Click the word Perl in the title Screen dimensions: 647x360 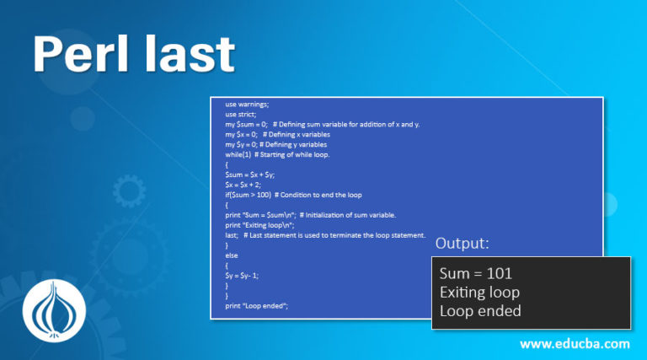click(x=81, y=54)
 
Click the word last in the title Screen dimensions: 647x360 click(x=190, y=54)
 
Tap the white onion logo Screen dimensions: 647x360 click(x=54, y=311)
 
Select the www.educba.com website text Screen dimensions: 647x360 click(x=575, y=344)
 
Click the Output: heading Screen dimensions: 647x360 click(x=463, y=243)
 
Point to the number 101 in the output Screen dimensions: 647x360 click(x=500, y=274)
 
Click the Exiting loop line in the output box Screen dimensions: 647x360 click(x=479, y=293)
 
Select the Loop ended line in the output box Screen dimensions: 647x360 click(x=480, y=311)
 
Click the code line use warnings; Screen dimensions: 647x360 click(x=247, y=105)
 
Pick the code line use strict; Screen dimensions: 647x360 click(x=241, y=115)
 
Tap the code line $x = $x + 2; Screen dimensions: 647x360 click(x=243, y=185)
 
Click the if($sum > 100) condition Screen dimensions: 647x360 click(x=248, y=195)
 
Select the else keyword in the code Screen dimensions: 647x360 click(x=232, y=255)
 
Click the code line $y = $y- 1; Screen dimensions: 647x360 click(x=242, y=276)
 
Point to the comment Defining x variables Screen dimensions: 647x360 click(x=297, y=135)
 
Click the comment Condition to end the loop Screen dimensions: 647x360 click(x=318, y=195)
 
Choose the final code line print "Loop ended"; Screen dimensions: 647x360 click(x=257, y=306)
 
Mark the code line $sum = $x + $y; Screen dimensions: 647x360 click(x=249, y=175)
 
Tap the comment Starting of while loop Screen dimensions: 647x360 click(x=292, y=155)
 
